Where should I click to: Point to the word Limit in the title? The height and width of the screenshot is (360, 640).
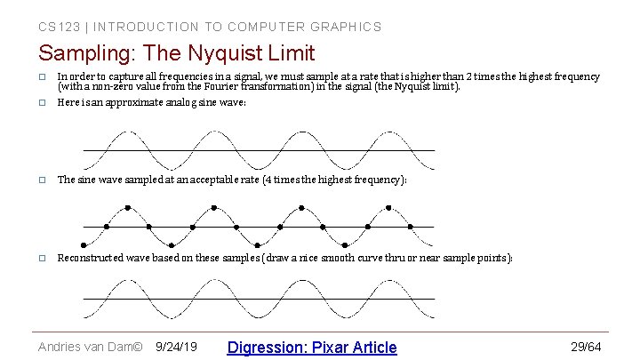tap(289, 54)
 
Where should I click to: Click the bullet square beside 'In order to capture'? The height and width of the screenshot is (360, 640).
tap(42, 77)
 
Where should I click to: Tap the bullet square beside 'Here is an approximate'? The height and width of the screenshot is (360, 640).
tap(42, 102)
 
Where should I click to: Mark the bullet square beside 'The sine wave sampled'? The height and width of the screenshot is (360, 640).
tap(42, 180)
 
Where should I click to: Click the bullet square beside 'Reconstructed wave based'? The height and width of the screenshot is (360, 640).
tap(42, 258)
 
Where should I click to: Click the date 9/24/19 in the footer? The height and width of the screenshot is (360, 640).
tap(176, 347)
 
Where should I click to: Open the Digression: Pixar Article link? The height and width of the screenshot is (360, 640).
tap(312, 347)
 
